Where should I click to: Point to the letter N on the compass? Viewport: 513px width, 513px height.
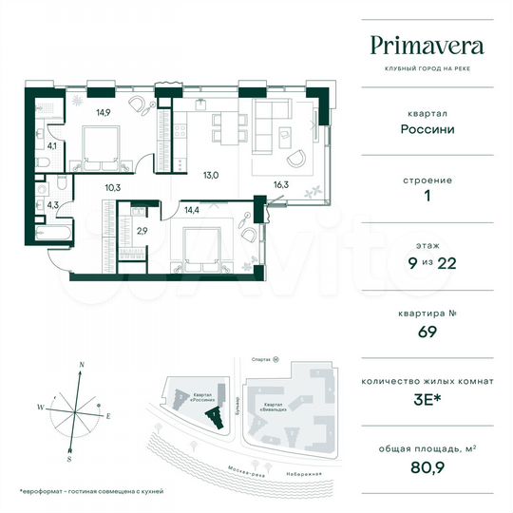point(83,365)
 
